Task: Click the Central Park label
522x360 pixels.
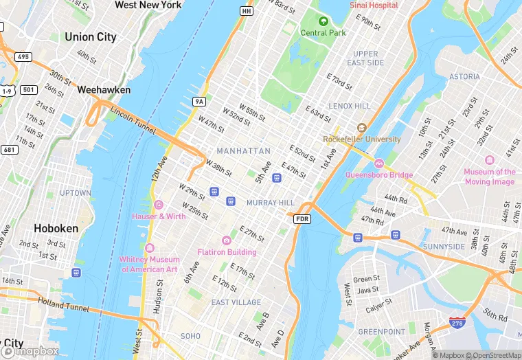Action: coord(323,32)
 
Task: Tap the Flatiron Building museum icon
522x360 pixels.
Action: coord(227,240)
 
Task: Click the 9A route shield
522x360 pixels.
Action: coord(199,102)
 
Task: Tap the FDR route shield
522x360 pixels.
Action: coord(302,218)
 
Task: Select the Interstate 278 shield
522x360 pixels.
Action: coord(456,322)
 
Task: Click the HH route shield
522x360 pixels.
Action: coord(246,11)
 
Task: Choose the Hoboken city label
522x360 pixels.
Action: coord(56,227)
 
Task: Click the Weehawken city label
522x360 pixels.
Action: coord(104,89)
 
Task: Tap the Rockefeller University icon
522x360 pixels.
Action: coord(361,128)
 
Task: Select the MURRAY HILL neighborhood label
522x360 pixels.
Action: coord(270,203)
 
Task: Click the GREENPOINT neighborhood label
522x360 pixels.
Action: coord(383,331)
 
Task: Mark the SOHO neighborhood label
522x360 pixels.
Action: coord(190,336)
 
